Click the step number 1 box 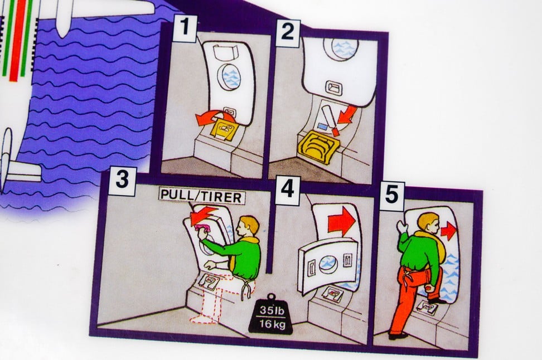coord(184,30)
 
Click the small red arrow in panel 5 coord(447,230)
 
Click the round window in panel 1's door coord(231,77)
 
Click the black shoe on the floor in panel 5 coord(397,335)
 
